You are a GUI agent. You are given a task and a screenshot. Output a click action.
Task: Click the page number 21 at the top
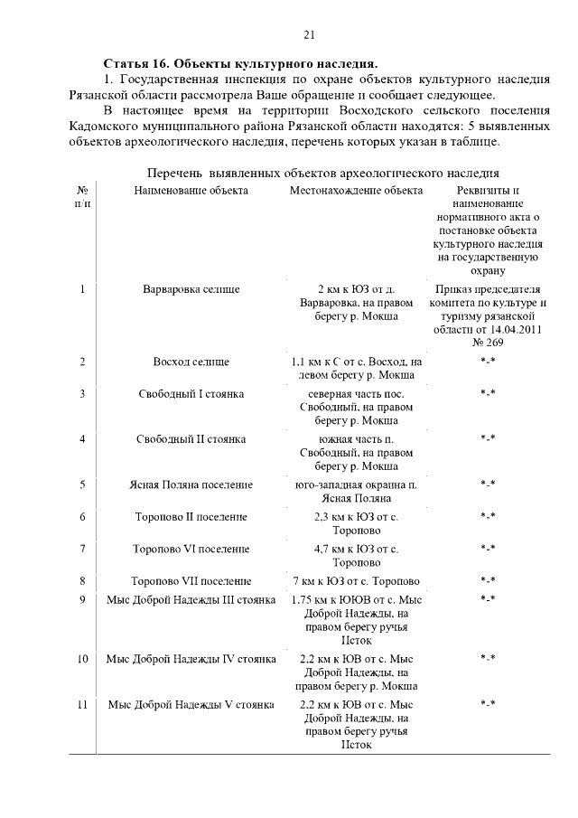pyautogui.click(x=309, y=35)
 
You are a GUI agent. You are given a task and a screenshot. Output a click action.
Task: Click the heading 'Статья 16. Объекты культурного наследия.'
pyautogui.click(x=241, y=64)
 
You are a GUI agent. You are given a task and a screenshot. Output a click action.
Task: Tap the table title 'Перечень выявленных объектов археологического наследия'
pyautogui.click(x=322, y=172)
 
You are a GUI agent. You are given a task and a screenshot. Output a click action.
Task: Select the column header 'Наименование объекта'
pyautogui.click(x=191, y=191)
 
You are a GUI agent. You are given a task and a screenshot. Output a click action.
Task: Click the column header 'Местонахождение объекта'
pyautogui.click(x=356, y=191)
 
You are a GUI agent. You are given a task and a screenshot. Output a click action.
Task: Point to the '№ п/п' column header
pyautogui.click(x=82, y=197)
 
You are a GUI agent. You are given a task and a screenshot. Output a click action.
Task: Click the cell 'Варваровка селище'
pyautogui.click(x=191, y=289)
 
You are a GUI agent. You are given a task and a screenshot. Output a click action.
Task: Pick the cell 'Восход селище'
pyautogui.click(x=191, y=362)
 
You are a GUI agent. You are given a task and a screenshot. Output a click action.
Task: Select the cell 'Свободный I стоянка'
pyautogui.click(x=191, y=394)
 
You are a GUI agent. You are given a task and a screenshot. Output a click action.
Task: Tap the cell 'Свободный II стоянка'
pyautogui.click(x=191, y=439)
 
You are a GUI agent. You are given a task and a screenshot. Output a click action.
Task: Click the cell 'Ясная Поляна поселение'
pyautogui.click(x=191, y=484)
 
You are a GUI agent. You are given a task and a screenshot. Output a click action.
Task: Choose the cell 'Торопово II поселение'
pyautogui.click(x=191, y=516)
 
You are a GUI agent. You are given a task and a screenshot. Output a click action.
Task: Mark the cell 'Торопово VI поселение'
pyautogui.click(x=191, y=549)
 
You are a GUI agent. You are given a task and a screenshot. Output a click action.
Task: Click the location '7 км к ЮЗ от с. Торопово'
pyautogui.click(x=356, y=581)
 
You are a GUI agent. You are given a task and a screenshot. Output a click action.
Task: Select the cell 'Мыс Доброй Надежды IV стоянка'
pyautogui.click(x=191, y=659)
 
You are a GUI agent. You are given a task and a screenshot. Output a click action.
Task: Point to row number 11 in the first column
pyautogui.click(x=82, y=704)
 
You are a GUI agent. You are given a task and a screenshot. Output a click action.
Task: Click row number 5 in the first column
pyautogui.click(x=82, y=484)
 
